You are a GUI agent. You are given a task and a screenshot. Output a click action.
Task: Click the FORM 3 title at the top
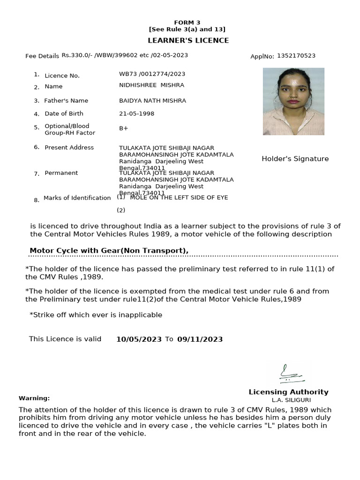pyautogui.click(x=187, y=22)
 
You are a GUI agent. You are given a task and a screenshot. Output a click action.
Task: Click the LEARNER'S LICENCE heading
pyautogui.click(x=188, y=41)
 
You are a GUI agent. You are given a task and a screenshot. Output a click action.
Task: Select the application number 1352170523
pyautogui.click(x=296, y=56)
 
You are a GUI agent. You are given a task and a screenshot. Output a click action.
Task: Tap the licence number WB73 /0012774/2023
pyautogui.click(x=152, y=74)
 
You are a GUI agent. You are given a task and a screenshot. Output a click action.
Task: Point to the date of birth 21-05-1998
pyautogui.click(x=137, y=114)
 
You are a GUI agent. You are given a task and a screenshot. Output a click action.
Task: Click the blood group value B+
pyautogui.click(x=124, y=128)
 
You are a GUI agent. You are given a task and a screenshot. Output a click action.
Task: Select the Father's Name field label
pyautogui.click(x=66, y=101)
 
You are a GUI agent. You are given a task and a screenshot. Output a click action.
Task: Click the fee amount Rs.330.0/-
pyautogui.click(x=77, y=55)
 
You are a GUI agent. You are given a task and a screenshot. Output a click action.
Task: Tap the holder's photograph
pyautogui.click(x=293, y=101)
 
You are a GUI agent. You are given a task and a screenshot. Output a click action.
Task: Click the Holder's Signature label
pyautogui.click(x=295, y=159)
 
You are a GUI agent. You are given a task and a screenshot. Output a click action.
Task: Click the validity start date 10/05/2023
pyautogui.click(x=139, y=339)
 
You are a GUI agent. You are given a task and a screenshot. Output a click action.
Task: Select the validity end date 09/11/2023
pyautogui.click(x=200, y=339)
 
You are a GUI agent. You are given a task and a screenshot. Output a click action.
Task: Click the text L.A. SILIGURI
pyautogui.click(x=291, y=400)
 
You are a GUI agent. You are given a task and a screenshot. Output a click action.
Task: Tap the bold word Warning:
pyautogui.click(x=34, y=398)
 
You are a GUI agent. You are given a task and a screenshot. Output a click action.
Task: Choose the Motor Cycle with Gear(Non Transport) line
pyautogui.click(x=109, y=251)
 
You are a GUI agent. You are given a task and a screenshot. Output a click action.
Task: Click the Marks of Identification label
pyautogui.click(x=77, y=198)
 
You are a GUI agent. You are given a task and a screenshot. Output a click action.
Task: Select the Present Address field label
pyautogui.click(x=69, y=148)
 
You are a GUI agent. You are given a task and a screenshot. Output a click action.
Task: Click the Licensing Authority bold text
pyautogui.click(x=288, y=392)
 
